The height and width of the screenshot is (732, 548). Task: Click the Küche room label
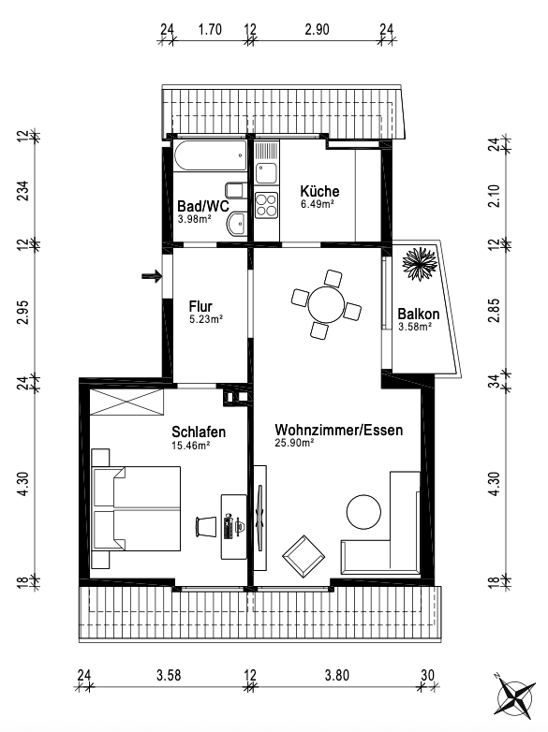[x=319, y=191]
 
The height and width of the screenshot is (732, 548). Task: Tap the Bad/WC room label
[x=203, y=206]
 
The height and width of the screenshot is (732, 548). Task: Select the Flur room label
[x=200, y=306]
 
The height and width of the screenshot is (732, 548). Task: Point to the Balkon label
[x=419, y=314]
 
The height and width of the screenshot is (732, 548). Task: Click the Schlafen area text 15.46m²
[x=190, y=446]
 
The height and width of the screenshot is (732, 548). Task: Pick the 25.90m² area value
[x=294, y=443]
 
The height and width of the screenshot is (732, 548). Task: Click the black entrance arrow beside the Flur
[x=152, y=276]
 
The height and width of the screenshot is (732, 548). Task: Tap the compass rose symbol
[x=516, y=698]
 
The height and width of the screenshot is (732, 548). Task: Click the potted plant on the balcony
[x=420, y=263]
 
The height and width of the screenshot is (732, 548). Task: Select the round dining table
[x=326, y=304]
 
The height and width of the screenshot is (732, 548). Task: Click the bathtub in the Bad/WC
[x=210, y=155]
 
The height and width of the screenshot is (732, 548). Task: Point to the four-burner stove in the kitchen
[x=266, y=205]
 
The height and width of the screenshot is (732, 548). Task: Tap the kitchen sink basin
[x=266, y=173]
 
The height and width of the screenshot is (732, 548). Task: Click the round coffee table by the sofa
[x=363, y=512]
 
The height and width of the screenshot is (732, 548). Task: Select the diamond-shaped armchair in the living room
[x=304, y=556]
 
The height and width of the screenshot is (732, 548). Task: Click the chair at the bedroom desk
[x=206, y=526]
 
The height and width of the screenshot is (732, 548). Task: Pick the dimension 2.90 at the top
[x=318, y=29]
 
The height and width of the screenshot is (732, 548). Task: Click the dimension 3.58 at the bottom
[x=169, y=675]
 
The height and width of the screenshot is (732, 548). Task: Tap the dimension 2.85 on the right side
[x=494, y=311]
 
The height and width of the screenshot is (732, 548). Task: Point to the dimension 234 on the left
[x=22, y=190]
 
